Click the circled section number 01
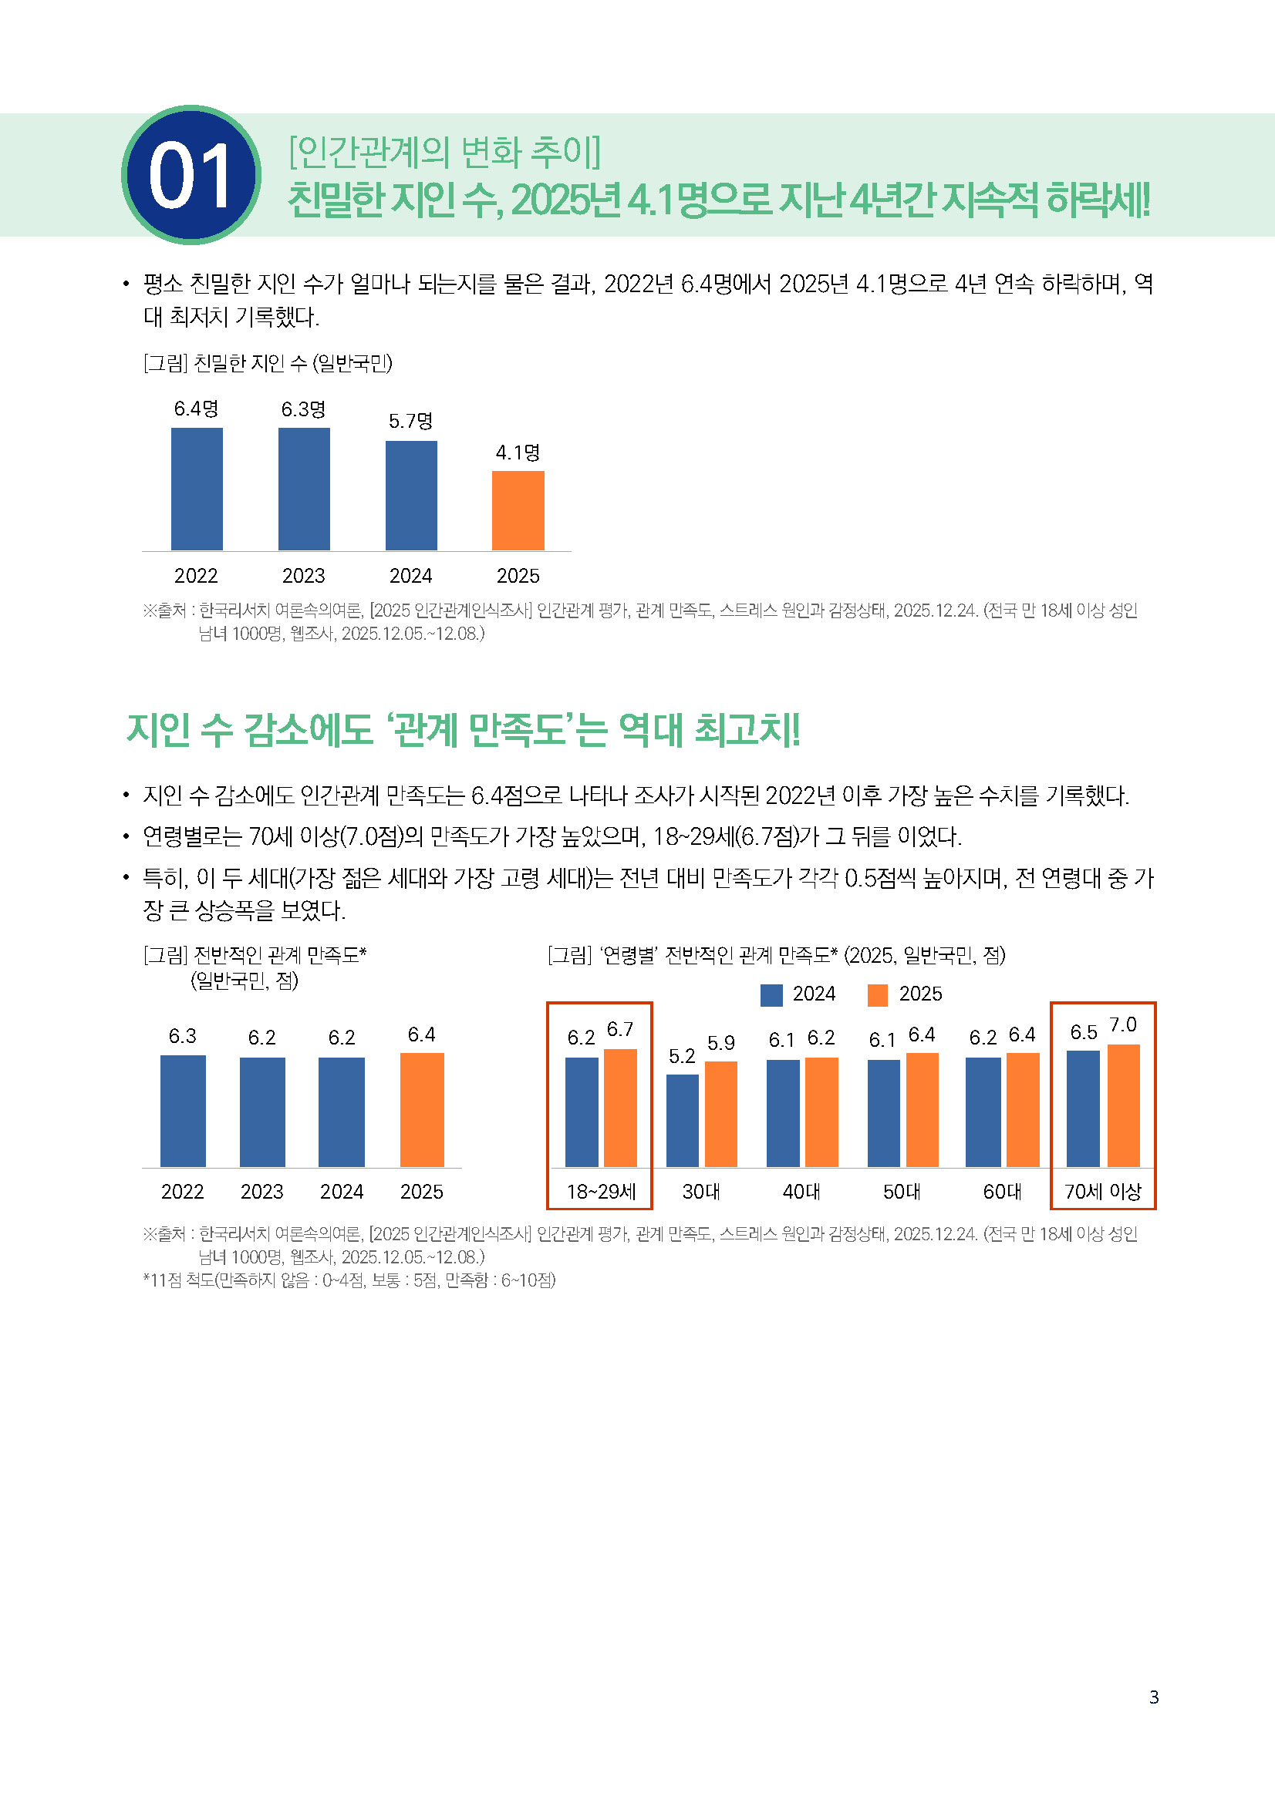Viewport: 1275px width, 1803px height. point(191,174)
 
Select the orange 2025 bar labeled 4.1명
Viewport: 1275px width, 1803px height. point(518,510)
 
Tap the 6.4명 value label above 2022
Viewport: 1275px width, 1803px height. point(197,409)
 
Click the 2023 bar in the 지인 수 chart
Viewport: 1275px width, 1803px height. point(303,489)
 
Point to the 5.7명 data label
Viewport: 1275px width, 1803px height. point(410,421)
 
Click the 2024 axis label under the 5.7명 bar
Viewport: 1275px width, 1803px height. point(410,576)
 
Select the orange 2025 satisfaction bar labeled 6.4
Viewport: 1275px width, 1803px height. point(422,1109)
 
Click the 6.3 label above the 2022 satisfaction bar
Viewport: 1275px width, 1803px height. point(182,1036)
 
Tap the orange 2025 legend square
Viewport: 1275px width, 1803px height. point(878,994)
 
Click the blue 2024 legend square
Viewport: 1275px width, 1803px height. point(771,994)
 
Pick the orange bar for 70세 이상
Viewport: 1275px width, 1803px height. point(1123,1105)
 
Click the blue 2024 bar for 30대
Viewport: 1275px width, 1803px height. point(682,1120)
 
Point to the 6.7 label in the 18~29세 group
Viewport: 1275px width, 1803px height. point(620,1029)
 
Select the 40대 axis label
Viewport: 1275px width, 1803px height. point(801,1191)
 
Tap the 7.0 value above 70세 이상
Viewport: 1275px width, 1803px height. point(1122,1024)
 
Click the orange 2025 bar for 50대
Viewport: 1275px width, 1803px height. point(923,1109)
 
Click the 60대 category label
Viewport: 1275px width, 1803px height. point(1002,1191)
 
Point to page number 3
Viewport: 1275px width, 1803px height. point(1153,1697)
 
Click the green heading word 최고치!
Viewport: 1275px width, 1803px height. point(747,729)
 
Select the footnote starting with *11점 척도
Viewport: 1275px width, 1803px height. point(349,1280)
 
